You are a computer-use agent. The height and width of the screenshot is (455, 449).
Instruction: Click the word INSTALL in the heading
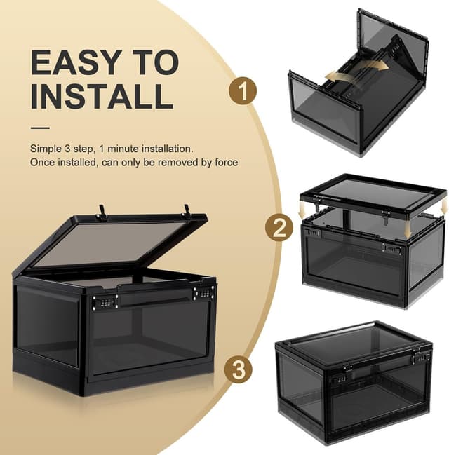[102, 96]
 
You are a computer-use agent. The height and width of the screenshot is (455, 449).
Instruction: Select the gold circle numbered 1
[243, 91]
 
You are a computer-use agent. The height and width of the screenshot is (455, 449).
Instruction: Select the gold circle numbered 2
[279, 228]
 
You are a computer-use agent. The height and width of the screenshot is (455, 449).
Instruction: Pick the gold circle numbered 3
[239, 369]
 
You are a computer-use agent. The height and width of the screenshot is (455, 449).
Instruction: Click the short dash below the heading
[40, 128]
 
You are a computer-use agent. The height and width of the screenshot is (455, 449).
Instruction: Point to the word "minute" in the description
[123, 149]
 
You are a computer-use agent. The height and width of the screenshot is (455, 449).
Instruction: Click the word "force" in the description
[226, 163]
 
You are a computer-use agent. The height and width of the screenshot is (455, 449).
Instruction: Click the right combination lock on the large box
[204, 293]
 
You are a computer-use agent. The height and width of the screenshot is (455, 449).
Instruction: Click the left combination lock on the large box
[105, 302]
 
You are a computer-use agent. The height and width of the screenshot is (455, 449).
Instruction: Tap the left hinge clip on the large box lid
[102, 212]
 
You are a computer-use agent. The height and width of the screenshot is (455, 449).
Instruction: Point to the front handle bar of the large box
[156, 297]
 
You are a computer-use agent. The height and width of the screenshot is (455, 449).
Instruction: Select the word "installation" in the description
[168, 149]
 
